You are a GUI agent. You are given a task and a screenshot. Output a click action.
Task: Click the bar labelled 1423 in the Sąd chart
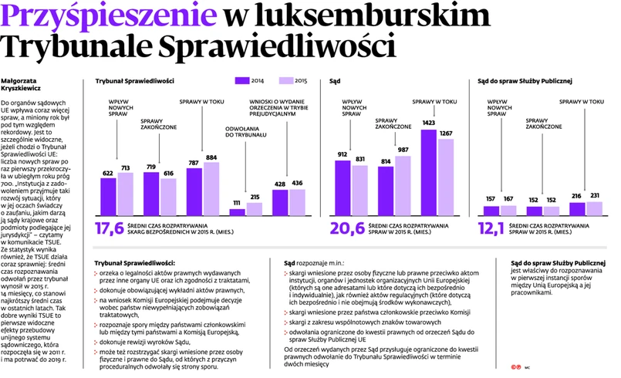(429, 172)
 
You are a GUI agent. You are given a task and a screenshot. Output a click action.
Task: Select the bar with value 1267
(446, 177)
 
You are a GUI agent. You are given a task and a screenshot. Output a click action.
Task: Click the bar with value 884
(211, 189)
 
